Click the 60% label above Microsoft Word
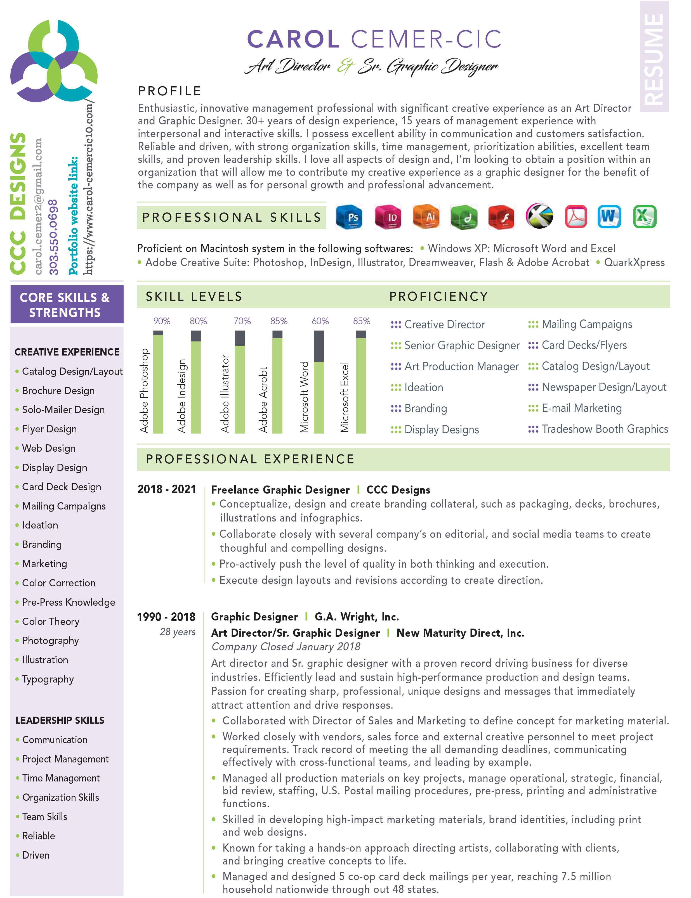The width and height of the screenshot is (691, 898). click(320, 321)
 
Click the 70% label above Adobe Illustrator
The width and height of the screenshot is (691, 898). click(242, 321)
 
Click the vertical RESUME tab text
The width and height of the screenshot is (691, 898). click(654, 58)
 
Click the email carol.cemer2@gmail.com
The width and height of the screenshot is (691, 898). click(38, 206)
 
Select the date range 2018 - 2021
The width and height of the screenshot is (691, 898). click(167, 489)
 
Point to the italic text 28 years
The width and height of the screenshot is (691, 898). click(177, 632)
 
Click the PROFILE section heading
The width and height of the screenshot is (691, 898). click(169, 91)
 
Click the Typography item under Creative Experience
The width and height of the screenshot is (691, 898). click(48, 679)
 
